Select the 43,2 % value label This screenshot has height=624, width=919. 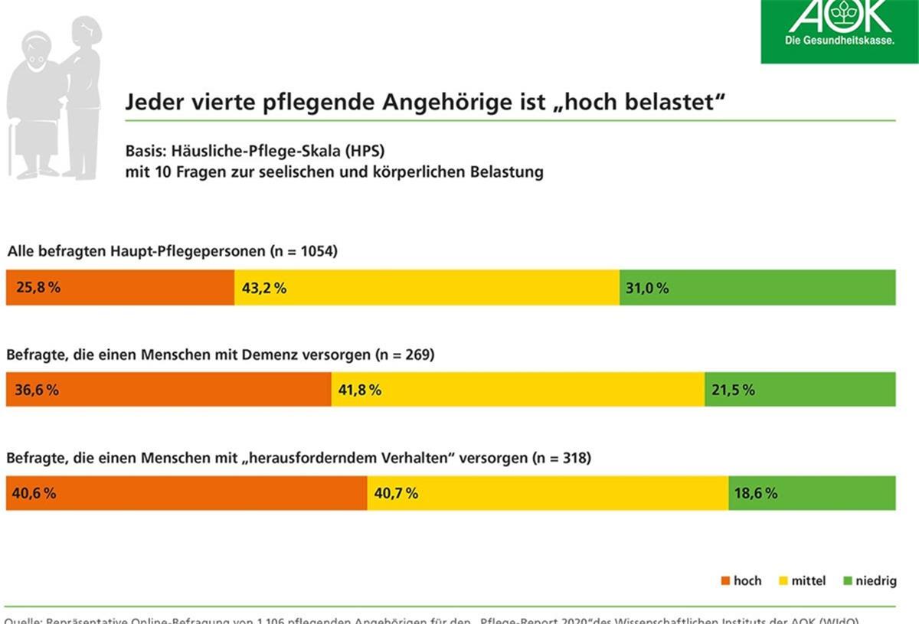coord(264,288)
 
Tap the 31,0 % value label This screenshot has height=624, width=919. coord(646,288)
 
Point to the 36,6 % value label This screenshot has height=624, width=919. coord(37,390)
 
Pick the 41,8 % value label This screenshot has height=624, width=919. coord(360,390)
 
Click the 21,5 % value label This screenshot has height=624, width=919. coord(733,390)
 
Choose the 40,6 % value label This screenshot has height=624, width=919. coord(34,493)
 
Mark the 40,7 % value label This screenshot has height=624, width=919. coord(396,493)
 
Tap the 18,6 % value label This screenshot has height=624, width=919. coord(756,493)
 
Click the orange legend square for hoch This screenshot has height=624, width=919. coord(725,581)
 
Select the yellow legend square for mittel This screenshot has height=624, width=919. coord(783,581)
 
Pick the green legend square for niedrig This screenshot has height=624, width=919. coord(847,581)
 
